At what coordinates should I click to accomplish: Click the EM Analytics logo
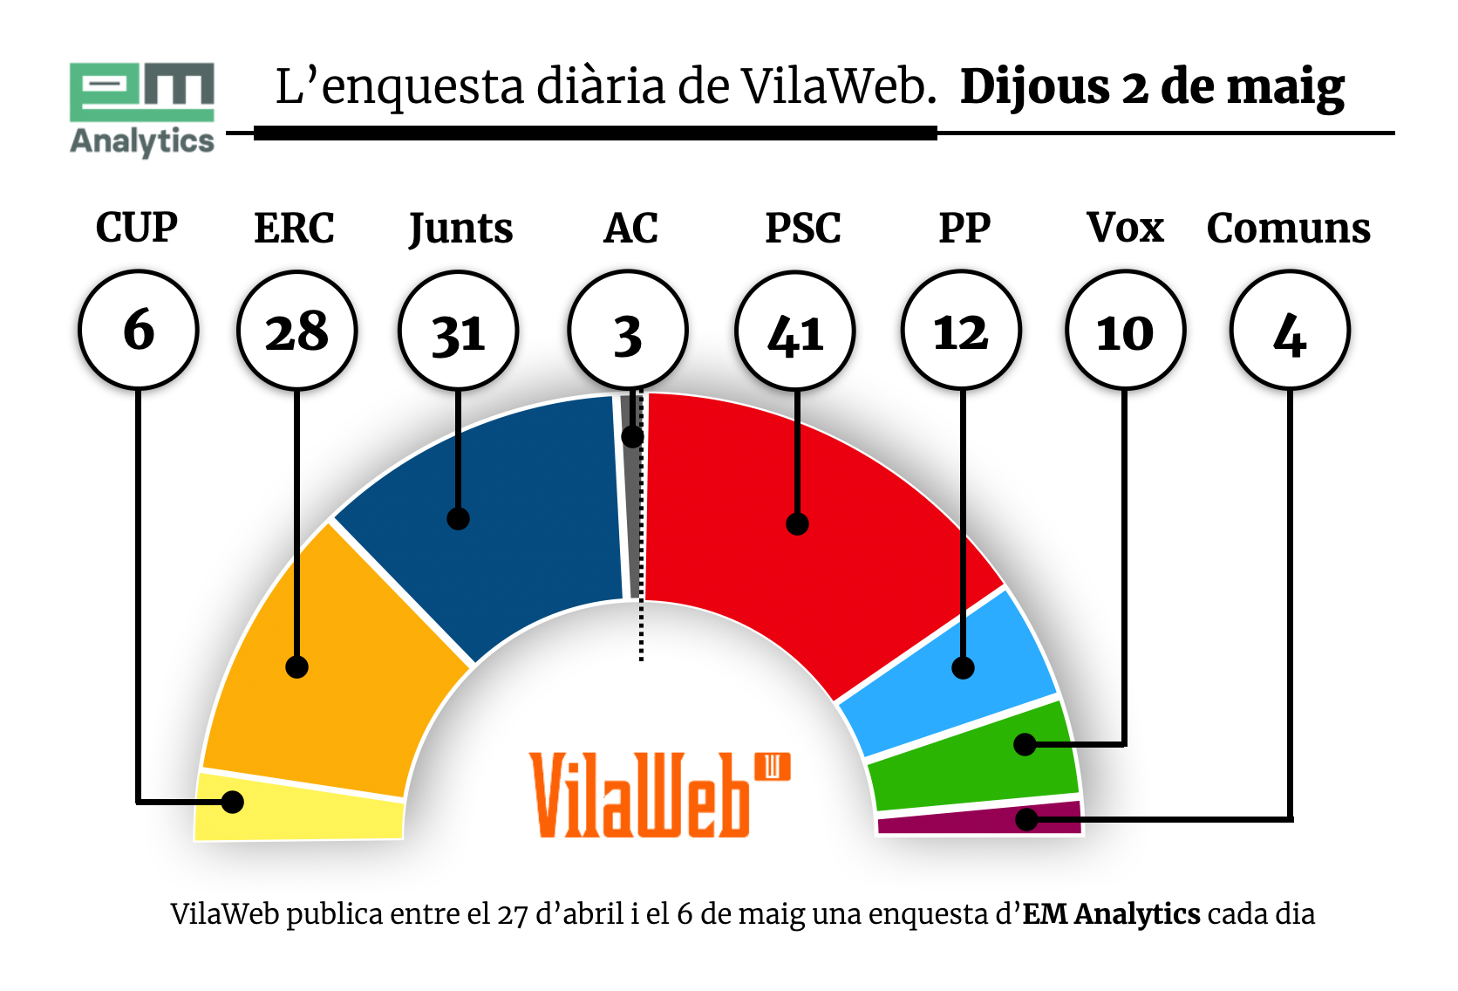coord(142,108)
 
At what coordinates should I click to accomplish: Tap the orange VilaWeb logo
coord(659,795)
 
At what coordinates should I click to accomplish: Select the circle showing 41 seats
coord(795,331)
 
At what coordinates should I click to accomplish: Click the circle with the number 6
coord(139,330)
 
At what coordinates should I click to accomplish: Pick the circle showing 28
coord(297,331)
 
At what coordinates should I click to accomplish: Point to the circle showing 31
coord(459,331)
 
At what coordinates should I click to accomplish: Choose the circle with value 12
coord(961,331)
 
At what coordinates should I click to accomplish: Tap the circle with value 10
coord(1125,331)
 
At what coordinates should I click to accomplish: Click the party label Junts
coord(460,229)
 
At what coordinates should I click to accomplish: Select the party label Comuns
coord(1288,229)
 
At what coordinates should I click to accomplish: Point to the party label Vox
coord(1125,229)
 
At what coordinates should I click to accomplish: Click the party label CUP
coord(137,229)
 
